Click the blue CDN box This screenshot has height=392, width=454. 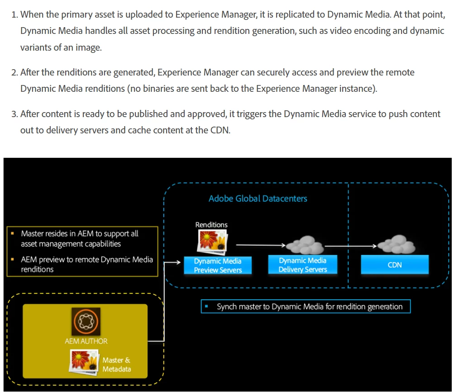pos(395,265)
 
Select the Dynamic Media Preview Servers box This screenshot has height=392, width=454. pos(218,265)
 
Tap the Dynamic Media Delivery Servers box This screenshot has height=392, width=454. pos(303,265)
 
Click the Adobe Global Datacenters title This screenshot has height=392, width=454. pos(258,198)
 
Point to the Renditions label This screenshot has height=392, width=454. pos(211,225)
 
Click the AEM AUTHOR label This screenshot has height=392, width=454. pos(86,341)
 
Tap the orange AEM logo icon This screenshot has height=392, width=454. pos(86,322)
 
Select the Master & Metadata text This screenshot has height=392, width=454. pos(116,364)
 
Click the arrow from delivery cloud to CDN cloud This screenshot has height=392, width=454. pos(351,246)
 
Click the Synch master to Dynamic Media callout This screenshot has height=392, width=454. pos(306,307)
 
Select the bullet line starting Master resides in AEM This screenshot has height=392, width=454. pos(80,239)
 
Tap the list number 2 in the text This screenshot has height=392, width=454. pos(14,72)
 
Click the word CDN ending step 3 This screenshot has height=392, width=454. pos(219,130)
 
